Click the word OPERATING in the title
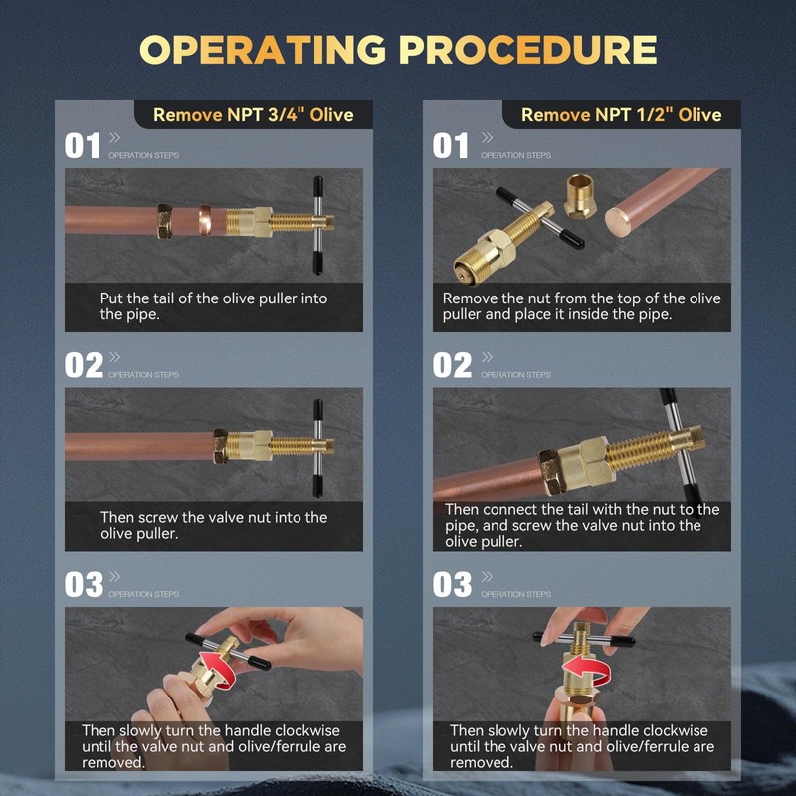click(263, 50)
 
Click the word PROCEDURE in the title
click(528, 50)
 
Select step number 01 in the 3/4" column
click(82, 146)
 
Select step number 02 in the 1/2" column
click(452, 365)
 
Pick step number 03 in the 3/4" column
click(84, 585)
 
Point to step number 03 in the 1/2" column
click(452, 585)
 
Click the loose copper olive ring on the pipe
click(205, 220)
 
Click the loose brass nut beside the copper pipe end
click(580, 196)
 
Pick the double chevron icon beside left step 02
click(115, 357)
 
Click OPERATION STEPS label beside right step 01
click(515, 155)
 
